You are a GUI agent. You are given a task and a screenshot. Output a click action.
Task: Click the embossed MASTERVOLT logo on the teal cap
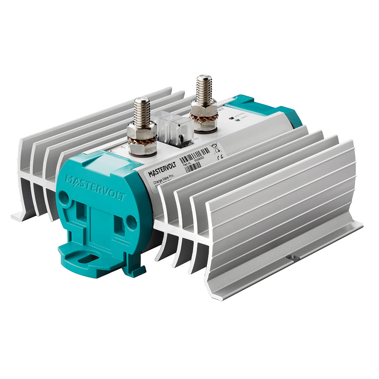[x=90, y=188]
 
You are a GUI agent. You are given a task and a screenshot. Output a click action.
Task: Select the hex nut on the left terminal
[x=142, y=131]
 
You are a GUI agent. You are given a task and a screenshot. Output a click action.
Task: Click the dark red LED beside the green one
[x=231, y=117]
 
